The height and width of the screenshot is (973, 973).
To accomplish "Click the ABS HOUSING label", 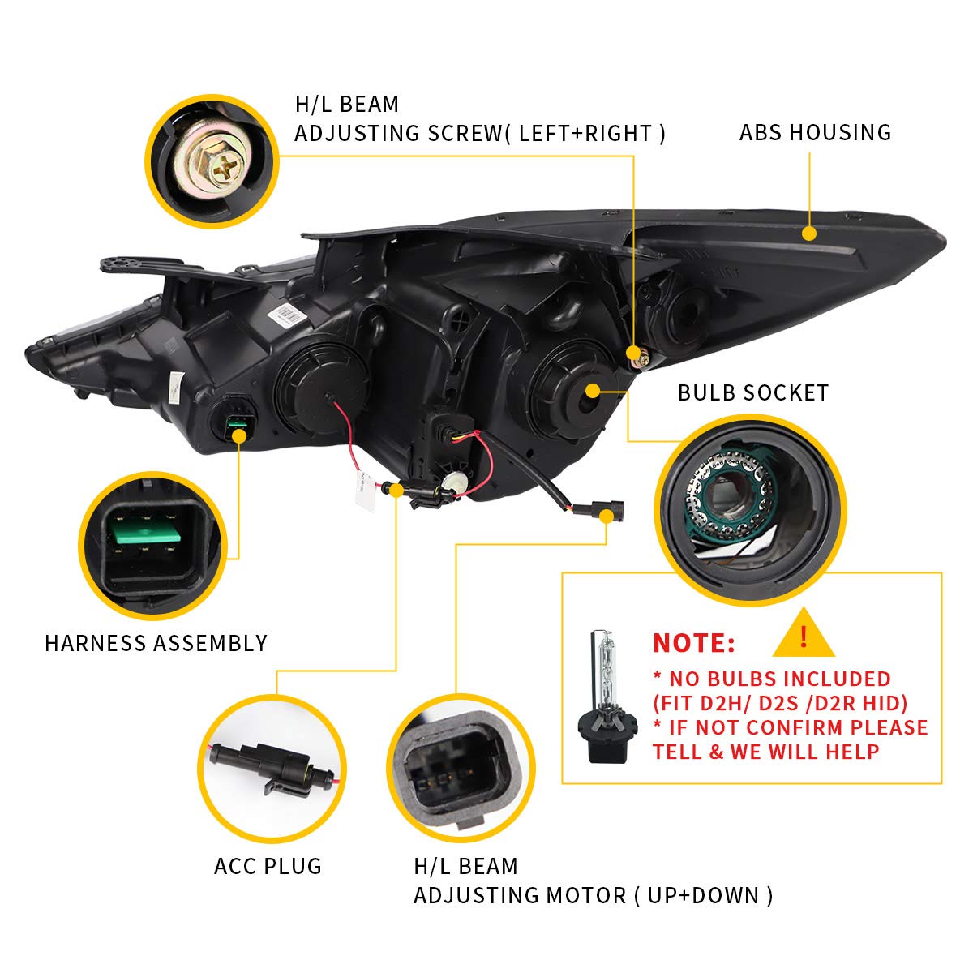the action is pos(815,132).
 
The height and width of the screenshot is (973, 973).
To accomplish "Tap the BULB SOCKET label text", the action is pos(753,393).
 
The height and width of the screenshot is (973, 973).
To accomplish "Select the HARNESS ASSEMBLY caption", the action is pos(156,643).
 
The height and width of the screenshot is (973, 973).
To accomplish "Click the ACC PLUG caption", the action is pos(268,866).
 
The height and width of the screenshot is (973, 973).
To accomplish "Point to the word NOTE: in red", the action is pos(694,643).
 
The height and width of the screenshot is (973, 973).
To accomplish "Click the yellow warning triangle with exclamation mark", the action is pos(804,635).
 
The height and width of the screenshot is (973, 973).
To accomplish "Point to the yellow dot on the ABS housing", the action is pos(808,234).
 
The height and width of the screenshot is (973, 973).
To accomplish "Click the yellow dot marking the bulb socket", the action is pos(593,391).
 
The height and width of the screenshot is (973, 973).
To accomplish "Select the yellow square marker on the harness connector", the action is pos(238,435).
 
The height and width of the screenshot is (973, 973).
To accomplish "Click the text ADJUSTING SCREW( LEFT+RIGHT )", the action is pos(479,133).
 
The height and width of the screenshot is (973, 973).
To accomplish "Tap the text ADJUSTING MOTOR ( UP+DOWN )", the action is pos(593,895).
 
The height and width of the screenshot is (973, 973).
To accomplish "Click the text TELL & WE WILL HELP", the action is pos(765,752).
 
